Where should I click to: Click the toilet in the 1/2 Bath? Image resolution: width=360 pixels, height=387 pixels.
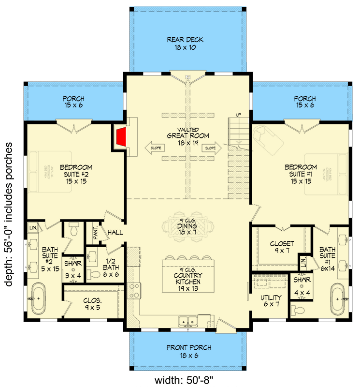point(95,274)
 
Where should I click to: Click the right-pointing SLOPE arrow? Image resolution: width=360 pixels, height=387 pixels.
point(212,147)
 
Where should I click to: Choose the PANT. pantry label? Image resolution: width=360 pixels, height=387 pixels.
point(95,232)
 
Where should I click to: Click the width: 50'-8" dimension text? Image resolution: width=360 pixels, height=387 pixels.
point(182,378)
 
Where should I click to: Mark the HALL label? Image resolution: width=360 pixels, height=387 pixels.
point(115,232)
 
